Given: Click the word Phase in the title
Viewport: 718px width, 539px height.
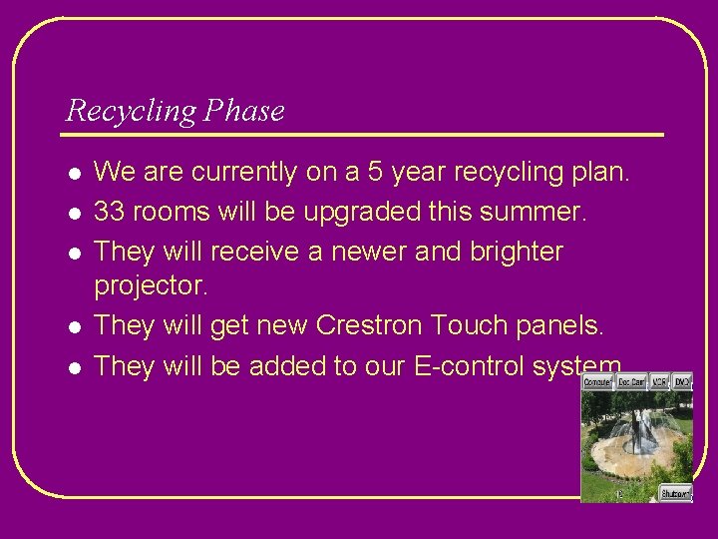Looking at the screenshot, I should (243, 110).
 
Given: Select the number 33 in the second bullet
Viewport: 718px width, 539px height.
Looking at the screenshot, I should (109, 212).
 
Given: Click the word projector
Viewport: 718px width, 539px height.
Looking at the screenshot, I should (150, 286).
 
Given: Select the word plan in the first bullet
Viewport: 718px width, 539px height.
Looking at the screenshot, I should (597, 172).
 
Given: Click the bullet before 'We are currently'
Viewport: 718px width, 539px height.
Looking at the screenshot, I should (73, 173).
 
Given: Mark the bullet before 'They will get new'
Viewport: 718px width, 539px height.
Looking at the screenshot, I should (73, 326).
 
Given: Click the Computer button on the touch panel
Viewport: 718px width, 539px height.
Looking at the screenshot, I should (597, 381).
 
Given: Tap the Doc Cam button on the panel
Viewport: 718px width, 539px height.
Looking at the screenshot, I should (630, 381).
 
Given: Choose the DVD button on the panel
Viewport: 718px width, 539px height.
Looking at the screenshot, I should (681, 381).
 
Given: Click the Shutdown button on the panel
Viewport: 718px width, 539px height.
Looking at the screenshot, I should (675, 493).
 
